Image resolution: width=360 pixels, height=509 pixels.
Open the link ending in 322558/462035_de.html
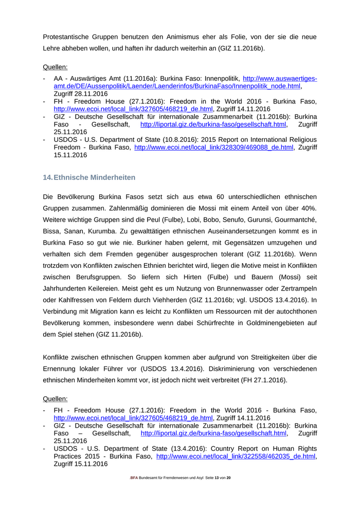pos(236,456)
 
